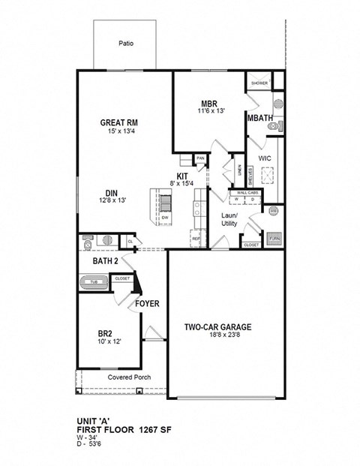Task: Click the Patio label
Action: coord(126,44)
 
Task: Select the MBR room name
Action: coord(208,104)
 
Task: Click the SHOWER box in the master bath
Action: coord(259,83)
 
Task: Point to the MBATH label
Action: coord(260,119)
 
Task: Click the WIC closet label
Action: coord(264,159)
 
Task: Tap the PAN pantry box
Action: coord(199,159)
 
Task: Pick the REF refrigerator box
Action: coord(196,239)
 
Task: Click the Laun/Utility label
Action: coord(229,220)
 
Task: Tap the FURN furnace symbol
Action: coord(274,239)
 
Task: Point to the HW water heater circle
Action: coord(274,212)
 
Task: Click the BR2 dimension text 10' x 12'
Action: coord(106,341)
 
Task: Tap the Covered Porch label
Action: coord(124,377)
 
